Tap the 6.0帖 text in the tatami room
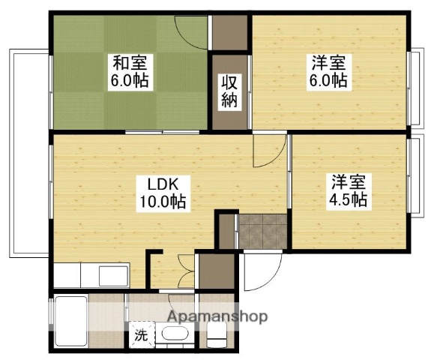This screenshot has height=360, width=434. tap(130, 81)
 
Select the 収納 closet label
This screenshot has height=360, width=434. tap(230, 91)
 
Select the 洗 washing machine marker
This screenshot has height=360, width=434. tap(141, 335)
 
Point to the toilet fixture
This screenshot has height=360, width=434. tap(216, 337)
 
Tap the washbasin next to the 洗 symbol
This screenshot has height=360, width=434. tap(177, 335)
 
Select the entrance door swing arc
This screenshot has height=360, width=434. tap(262, 271)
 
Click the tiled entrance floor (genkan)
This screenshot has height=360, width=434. tap(262, 232)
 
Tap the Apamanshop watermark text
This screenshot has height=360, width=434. tap(217, 316)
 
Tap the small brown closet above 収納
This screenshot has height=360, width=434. tap(229, 34)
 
